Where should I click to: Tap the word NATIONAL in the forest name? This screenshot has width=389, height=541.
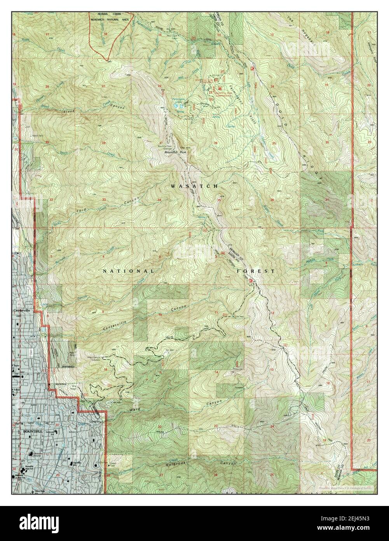click(x=128, y=270)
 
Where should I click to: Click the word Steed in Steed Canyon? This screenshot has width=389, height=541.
click(x=69, y=112)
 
